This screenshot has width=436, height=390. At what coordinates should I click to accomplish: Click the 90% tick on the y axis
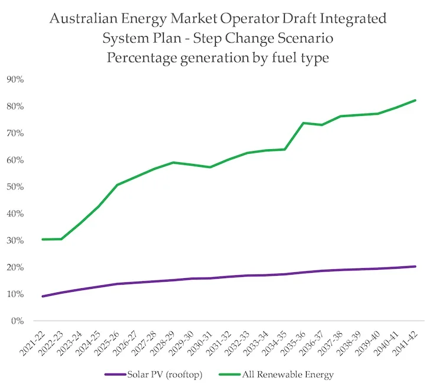pyautogui.click(x=15, y=79)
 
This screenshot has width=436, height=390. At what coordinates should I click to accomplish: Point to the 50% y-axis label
pyautogui.click(x=15, y=187)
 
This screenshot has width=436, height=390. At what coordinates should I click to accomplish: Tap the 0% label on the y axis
pyautogui.click(x=18, y=321)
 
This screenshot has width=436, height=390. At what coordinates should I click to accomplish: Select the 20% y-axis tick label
pyautogui.click(x=15, y=267)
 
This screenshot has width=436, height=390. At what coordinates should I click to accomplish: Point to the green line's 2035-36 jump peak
pyautogui.click(x=303, y=123)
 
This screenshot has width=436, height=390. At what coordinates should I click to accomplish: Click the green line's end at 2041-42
pyautogui.click(x=415, y=100)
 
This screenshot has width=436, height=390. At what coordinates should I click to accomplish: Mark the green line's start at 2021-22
pyautogui.click(x=43, y=239)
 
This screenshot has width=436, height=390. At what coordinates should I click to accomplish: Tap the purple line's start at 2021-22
pyautogui.click(x=43, y=296)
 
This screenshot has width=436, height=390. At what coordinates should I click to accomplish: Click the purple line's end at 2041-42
pyautogui.click(x=415, y=266)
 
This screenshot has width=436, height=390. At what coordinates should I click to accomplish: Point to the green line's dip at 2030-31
pyautogui.click(x=210, y=167)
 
